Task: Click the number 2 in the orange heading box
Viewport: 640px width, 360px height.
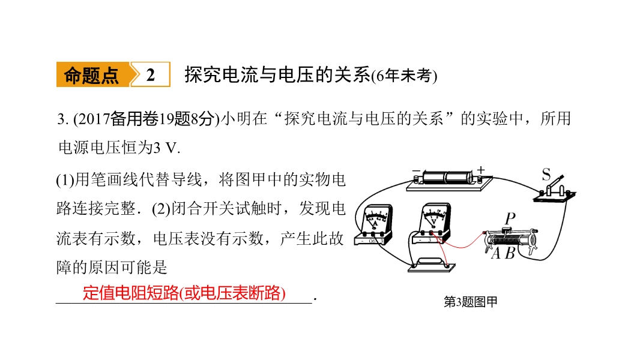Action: (151, 75)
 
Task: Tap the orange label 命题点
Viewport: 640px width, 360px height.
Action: (91, 75)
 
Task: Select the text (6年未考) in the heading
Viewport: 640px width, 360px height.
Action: (404, 76)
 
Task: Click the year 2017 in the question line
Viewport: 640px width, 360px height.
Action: (94, 119)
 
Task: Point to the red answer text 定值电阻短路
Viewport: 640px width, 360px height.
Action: (131, 293)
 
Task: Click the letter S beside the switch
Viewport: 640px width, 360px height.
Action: (546, 175)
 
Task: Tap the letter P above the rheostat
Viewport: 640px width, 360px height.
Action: (510, 218)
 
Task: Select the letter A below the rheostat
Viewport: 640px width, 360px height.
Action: (495, 254)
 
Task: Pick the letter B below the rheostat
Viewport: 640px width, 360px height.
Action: (509, 254)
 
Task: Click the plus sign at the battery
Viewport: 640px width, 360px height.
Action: (481, 170)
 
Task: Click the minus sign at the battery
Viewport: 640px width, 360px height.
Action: (416, 170)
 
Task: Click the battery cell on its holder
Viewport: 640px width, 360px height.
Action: (447, 178)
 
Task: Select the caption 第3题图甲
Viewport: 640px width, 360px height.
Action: (471, 302)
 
